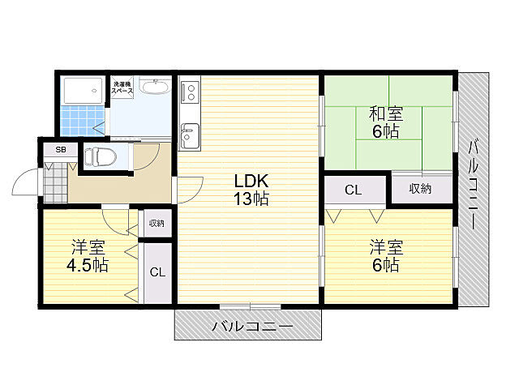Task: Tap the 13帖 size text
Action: [252, 199]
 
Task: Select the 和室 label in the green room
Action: [386, 113]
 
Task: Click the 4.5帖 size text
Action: [88, 265]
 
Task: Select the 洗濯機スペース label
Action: [122, 88]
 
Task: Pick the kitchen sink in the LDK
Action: [190, 134]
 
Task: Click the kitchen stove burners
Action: [190, 94]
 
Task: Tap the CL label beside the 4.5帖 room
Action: [157, 272]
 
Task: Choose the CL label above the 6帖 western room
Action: [353, 191]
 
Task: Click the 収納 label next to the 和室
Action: [419, 190]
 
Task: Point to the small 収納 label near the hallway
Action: [156, 224]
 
